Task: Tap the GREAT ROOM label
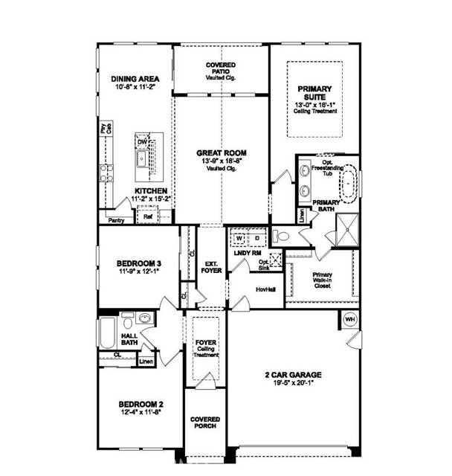pyautogui.click(x=221, y=153)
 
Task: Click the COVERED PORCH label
pyautogui.click(x=204, y=424)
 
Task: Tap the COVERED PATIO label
pyautogui.click(x=221, y=65)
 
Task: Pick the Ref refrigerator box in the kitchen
pyautogui.click(x=148, y=217)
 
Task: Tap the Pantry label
pyautogui.click(x=115, y=221)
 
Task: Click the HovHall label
pyautogui.click(x=265, y=289)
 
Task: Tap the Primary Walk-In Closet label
pyautogui.click(x=322, y=280)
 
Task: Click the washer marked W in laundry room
pyautogui.click(x=240, y=238)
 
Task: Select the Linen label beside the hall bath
pyautogui.click(x=146, y=361)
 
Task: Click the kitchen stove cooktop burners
pyautogui.click(x=106, y=174)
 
